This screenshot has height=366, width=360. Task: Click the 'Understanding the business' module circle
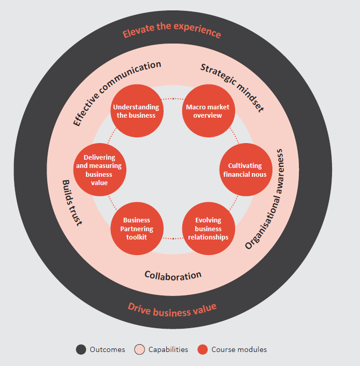pos(137,111)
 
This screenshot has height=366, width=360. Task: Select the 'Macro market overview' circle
pos(208,111)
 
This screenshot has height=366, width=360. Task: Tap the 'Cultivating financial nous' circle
pos(246,170)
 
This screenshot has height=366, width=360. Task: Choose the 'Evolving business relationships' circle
pos(208,229)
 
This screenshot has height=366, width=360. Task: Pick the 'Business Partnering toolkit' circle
pos(137,229)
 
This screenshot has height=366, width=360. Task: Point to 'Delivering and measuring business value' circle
pos(100,170)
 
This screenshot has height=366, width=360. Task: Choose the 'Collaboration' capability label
pos(173,276)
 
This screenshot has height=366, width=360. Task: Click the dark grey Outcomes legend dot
pos(81,349)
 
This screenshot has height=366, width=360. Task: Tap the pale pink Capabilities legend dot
pos(139,349)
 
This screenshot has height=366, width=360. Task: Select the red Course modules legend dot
pos(203,349)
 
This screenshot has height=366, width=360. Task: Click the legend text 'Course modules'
pos(239,349)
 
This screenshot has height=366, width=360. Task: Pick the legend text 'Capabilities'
pos(168,349)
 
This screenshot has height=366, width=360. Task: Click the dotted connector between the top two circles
pos(173,99)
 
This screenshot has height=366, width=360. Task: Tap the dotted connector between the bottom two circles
pos(173,238)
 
